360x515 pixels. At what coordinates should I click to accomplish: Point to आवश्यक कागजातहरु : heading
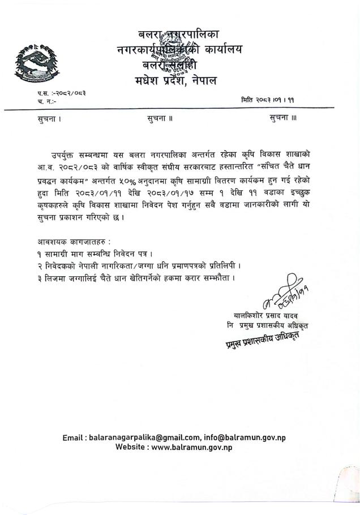point(70,242)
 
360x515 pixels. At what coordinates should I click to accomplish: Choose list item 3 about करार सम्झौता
point(134,278)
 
